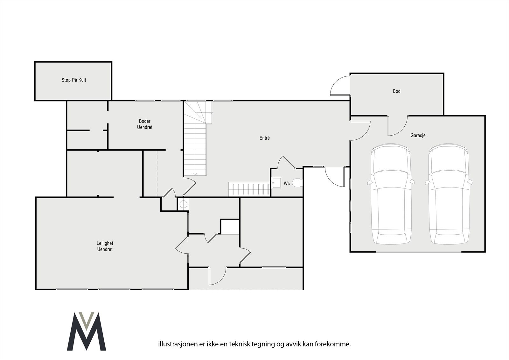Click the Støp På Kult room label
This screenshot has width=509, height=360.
pyautogui.click(x=74, y=80)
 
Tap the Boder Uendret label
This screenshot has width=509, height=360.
pyautogui.click(x=145, y=124)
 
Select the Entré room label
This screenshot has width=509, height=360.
pyautogui.click(x=264, y=138)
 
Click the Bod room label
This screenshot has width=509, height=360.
pyautogui.click(x=396, y=91)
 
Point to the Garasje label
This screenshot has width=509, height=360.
pyautogui.click(x=418, y=135)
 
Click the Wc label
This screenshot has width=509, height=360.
pyautogui.click(x=287, y=184)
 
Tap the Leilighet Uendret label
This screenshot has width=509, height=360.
pyautogui.click(x=105, y=246)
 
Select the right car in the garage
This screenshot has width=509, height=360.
pyautogui.click(x=449, y=194)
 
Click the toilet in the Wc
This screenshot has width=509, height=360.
pyautogui.click(x=297, y=183)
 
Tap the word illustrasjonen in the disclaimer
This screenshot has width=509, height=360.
pyautogui.click(x=173, y=344)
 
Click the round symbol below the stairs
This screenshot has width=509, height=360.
pyautogui.click(x=183, y=204)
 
